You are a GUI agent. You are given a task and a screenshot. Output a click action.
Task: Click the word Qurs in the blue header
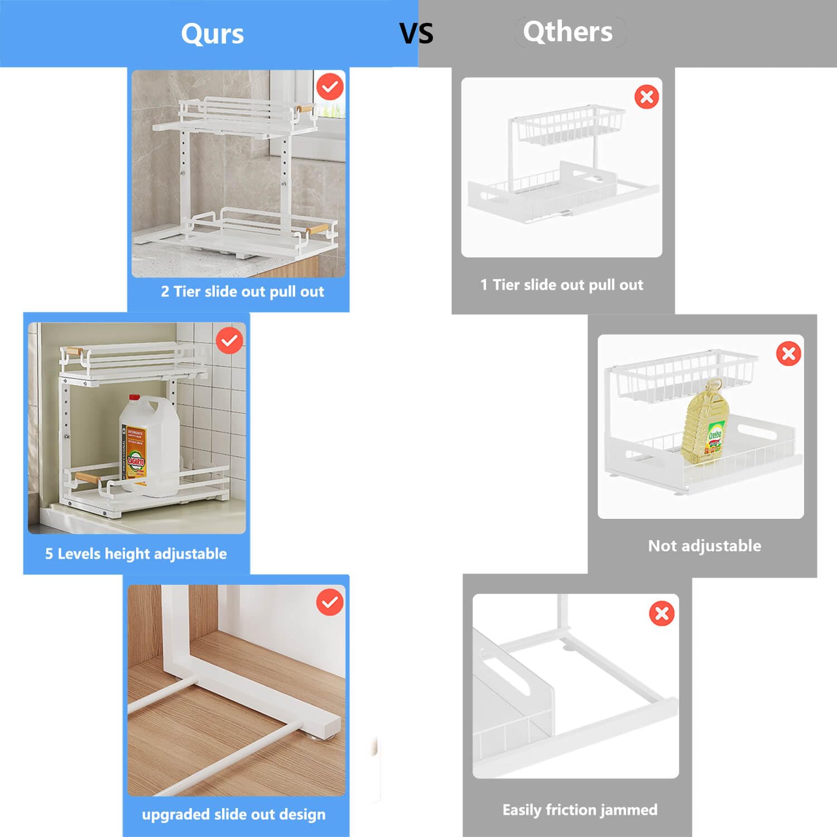point(213,33)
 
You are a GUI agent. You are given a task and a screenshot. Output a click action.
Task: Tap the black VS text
point(416,33)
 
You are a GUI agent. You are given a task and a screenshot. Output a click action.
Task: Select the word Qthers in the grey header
point(567,32)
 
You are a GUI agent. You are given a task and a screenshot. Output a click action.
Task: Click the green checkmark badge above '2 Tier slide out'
point(330,86)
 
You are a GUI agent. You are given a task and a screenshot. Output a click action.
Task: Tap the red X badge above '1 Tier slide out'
point(647,97)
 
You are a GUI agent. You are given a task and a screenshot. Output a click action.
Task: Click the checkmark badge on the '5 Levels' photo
point(229,340)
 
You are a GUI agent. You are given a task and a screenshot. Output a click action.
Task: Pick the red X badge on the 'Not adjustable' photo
point(788,353)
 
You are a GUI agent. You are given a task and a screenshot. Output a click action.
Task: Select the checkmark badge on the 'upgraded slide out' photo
point(330,602)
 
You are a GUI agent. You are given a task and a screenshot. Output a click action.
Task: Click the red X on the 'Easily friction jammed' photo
point(662,613)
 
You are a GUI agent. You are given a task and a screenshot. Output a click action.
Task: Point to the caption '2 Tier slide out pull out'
point(242,291)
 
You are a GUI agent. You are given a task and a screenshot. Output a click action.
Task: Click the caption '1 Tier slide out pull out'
point(561,285)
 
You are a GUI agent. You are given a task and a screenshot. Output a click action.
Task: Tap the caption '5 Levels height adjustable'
point(136,554)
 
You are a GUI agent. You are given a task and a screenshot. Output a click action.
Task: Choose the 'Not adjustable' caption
point(704,546)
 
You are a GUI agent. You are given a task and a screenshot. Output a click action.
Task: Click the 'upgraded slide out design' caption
point(233,814)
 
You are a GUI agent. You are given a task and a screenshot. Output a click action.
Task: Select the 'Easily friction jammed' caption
point(580,810)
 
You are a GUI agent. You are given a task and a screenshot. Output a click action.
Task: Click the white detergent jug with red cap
point(150,446)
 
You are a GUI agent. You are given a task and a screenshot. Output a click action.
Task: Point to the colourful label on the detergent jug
point(134,452)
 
